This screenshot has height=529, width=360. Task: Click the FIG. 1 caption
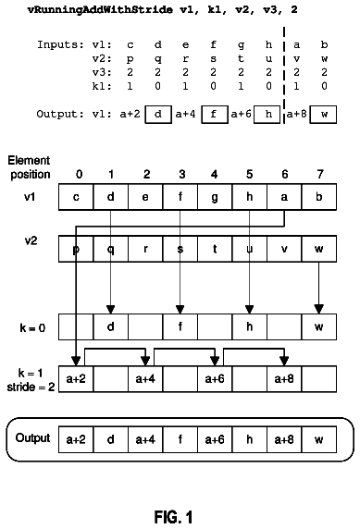(173, 517)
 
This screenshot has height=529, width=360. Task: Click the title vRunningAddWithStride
(100, 9)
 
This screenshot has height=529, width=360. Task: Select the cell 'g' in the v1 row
(215, 197)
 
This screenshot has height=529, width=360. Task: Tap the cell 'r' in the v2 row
(145, 249)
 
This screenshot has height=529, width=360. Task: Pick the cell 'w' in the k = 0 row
(318, 326)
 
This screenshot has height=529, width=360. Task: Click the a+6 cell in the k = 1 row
(215, 379)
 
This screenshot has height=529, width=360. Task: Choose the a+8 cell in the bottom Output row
(284, 439)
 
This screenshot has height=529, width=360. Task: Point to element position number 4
(214, 174)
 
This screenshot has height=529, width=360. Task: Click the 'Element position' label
(29, 167)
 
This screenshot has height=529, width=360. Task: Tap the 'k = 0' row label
(32, 328)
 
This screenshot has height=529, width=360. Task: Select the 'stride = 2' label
(31, 387)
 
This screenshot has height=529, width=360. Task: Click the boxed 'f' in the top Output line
(215, 115)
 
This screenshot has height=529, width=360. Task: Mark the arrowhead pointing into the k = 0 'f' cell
(180, 310)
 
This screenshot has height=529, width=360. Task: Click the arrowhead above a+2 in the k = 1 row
(76, 362)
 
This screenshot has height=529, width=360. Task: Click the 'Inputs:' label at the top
(60, 44)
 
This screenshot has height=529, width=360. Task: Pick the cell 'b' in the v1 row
(318, 197)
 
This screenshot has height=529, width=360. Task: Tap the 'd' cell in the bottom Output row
(110, 439)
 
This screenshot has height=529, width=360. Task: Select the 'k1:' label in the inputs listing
(102, 86)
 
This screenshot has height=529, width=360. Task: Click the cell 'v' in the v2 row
(284, 249)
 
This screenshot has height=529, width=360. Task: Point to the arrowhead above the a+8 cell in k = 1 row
(284, 362)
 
